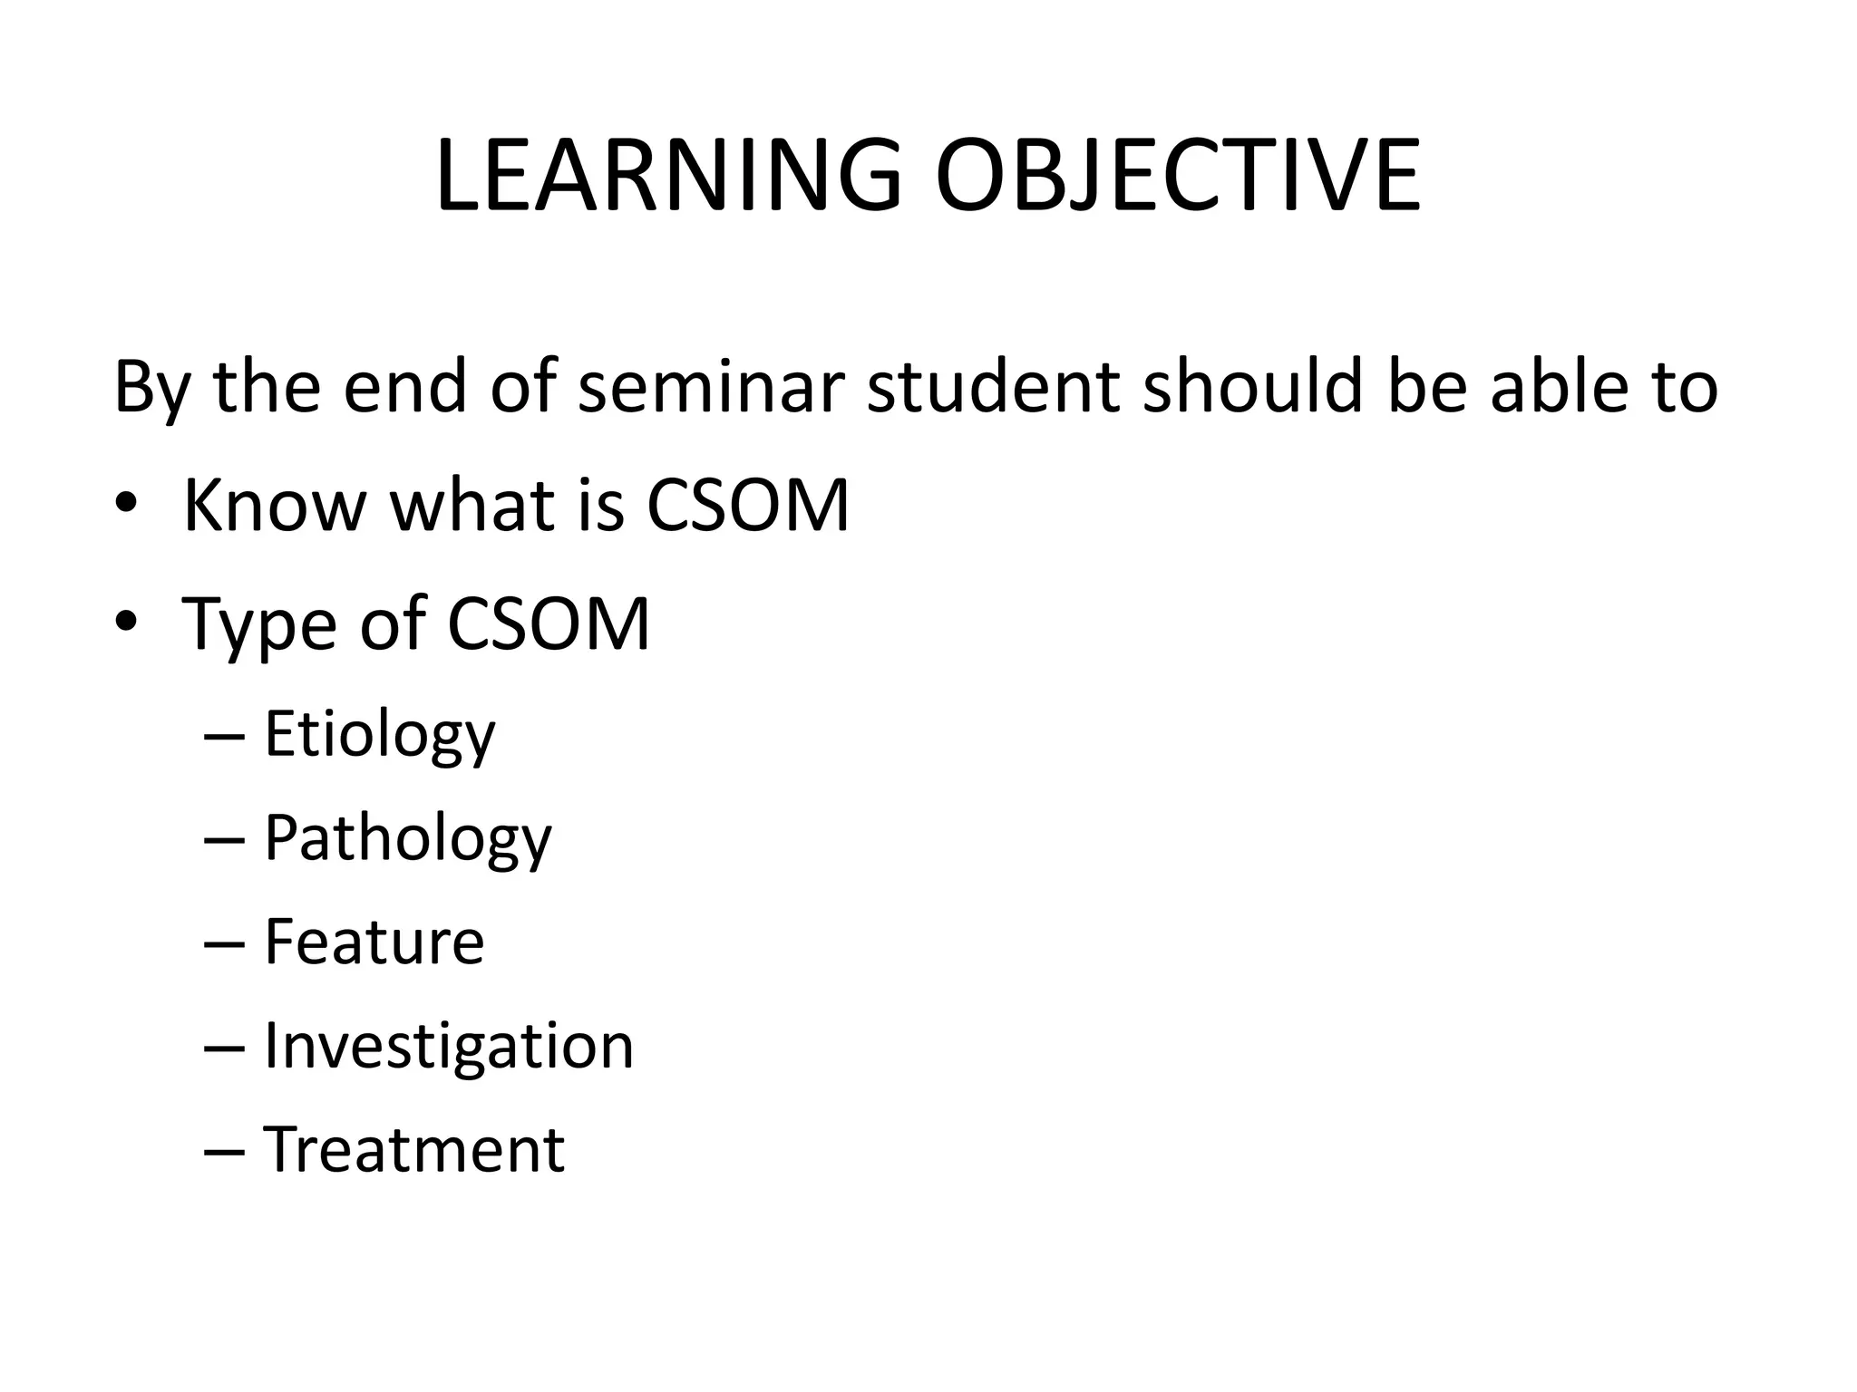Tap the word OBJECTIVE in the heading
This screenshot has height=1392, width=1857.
(1177, 177)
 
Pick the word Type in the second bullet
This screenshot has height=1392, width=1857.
(258, 625)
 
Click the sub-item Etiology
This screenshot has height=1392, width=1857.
(379, 734)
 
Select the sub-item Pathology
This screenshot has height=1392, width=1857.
(407, 838)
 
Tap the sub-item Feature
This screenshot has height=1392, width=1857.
(374, 942)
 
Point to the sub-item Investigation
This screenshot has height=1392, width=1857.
(448, 1046)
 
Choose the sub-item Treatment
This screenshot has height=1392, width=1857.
(413, 1149)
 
